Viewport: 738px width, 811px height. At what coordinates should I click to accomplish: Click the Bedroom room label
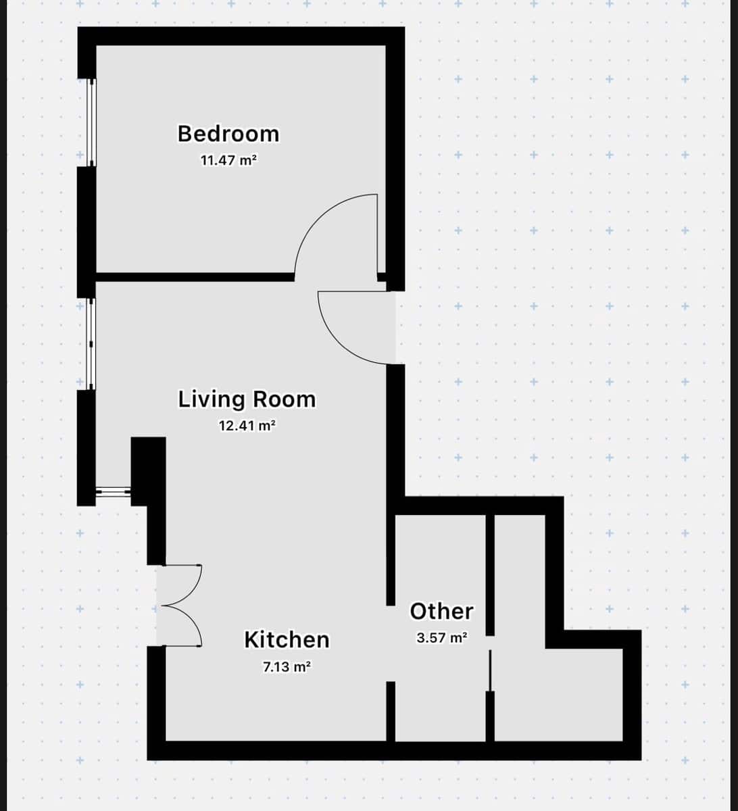pyautogui.click(x=228, y=134)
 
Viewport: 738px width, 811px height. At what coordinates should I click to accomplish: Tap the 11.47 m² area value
pyautogui.click(x=228, y=160)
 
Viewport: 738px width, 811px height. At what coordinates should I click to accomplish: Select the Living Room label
pyautogui.click(x=247, y=399)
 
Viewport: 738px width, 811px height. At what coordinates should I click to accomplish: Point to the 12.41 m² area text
pyautogui.click(x=247, y=425)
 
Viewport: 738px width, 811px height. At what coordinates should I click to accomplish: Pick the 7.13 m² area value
pyautogui.click(x=287, y=666)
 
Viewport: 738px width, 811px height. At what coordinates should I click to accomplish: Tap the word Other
pyautogui.click(x=441, y=611)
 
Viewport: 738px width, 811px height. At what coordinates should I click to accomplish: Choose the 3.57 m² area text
pyautogui.click(x=442, y=637)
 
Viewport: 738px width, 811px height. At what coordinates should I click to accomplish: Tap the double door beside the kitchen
pyautogui.click(x=180, y=606)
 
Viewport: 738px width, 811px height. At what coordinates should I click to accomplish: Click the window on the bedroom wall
pyautogui.click(x=92, y=122)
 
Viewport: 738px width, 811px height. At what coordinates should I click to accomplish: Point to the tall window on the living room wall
pyautogui.click(x=91, y=344)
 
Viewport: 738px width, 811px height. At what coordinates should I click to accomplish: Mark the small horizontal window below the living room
pyautogui.click(x=114, y=492)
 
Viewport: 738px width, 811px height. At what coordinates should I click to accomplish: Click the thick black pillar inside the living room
pyautogui.click(x=148, y=471)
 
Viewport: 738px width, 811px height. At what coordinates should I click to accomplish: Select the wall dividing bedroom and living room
pyautogui.click(x=195, y=277)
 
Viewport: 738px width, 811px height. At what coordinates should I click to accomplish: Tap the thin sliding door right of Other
pyautogui.click(x=490, y=670)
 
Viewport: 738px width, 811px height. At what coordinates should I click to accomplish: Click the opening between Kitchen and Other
pyautogui.click(x=391, y=643)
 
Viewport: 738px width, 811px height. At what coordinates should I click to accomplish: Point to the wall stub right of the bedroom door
pyautogui.click(x=382, y=277)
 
